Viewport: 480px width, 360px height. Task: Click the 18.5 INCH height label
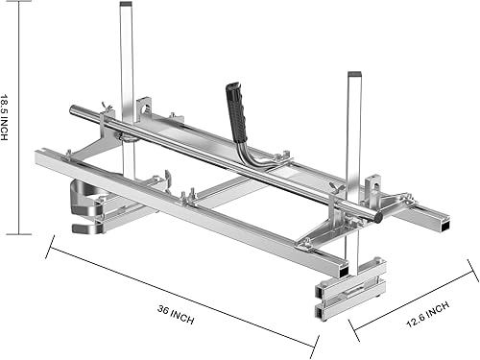pyautogui.click(x=4, y=117)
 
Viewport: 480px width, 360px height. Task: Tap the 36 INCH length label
pyautogui.click(x=176, y=315)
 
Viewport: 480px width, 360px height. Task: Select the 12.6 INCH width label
pyautogui.click(x=427, y=314)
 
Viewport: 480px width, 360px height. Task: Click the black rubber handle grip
pyautogui.click(x=236, y=112)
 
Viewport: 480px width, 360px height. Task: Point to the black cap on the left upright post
pyautogui.click(x=126, y=4)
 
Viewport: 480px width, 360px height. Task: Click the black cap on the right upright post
pyautogui.click(x=355, y=74)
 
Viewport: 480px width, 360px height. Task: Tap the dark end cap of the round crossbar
pyautogui.click(x=378, y=216)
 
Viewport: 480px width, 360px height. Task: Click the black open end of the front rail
pyautogui.click(x=344, y=271)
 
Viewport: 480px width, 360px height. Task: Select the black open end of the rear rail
pyautogui.click(x=445, y=227)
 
